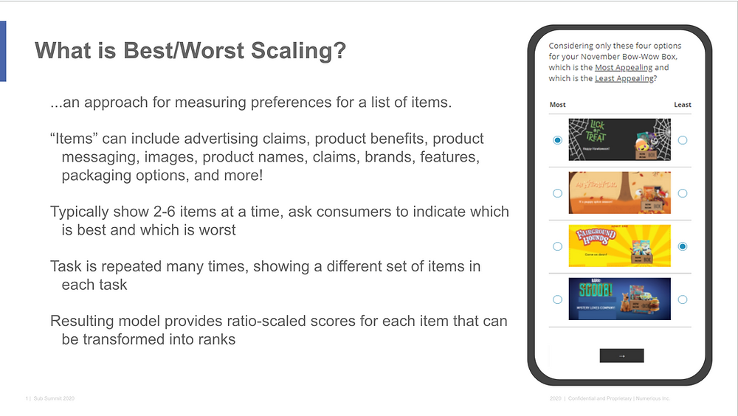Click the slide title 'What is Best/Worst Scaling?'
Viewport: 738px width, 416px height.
190,51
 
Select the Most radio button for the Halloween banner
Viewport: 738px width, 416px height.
557,140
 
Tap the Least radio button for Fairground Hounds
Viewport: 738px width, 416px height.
683,246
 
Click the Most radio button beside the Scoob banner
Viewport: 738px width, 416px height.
557,299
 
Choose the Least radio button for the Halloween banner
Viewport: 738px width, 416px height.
683,140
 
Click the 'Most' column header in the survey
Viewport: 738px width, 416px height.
558,105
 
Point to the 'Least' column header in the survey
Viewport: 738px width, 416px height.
683,105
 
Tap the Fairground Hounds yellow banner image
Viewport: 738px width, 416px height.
620,246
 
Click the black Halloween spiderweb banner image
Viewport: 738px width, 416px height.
620,139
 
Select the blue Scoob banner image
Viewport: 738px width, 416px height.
620,299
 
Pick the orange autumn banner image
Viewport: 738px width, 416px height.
620,193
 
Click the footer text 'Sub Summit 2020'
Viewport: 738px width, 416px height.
54,398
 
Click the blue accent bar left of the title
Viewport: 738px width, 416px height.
3,51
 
